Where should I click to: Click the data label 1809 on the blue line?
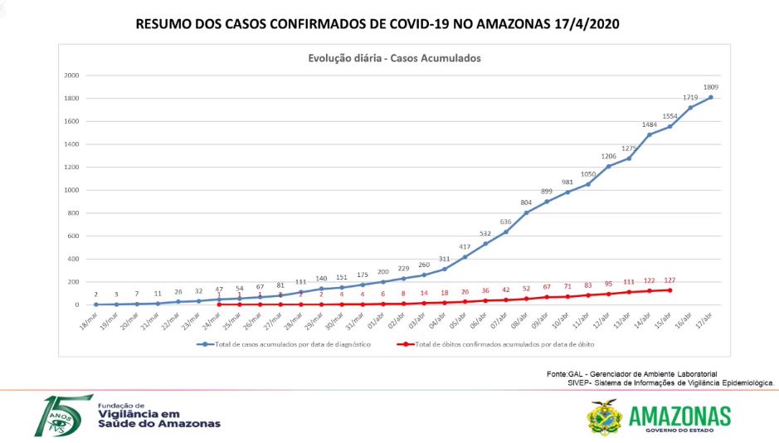711,86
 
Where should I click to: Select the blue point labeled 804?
526,213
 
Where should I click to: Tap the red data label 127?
669,280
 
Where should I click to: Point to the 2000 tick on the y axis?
71,75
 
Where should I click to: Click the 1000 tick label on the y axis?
71,190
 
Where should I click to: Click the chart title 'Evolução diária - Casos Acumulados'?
394,58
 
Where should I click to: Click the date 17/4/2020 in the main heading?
587,25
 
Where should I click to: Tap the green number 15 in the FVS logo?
61,415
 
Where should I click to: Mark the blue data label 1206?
608,156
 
